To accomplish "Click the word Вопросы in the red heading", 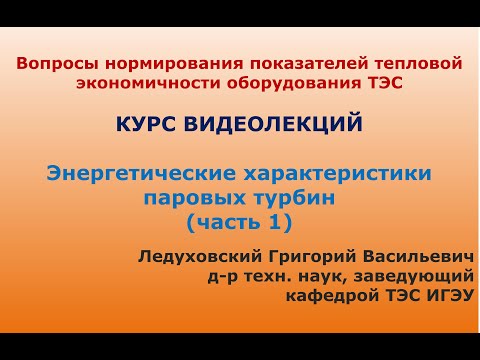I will [x=52, y=64].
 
